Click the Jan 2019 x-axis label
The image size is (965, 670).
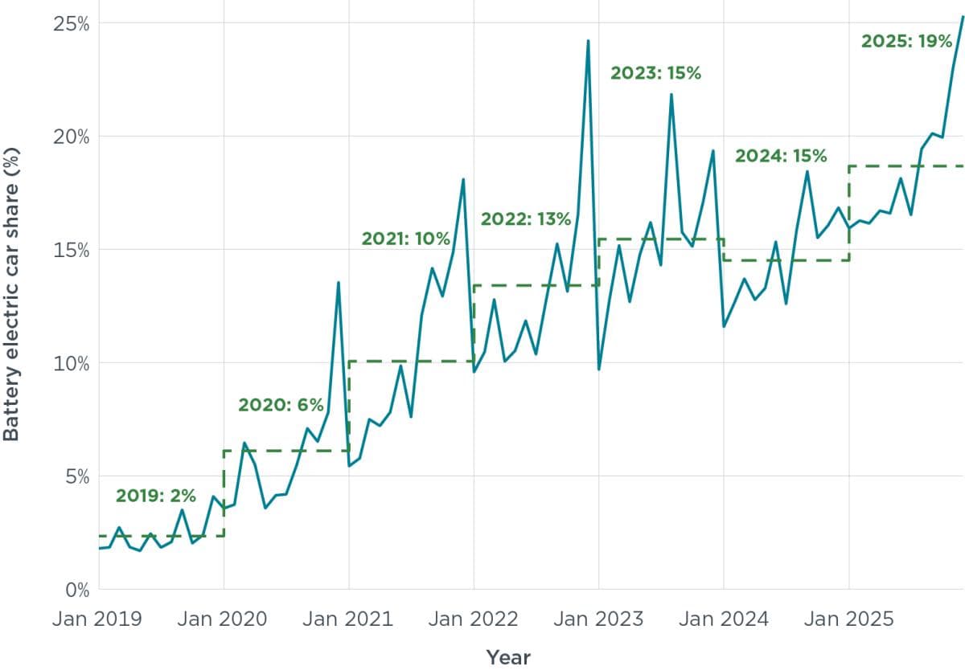(x=98, y=619)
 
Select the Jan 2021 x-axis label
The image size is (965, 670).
(x=348, y=619)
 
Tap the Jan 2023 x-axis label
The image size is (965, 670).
(x=598, y=619)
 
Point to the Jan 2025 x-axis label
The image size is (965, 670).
(x=848, y=619)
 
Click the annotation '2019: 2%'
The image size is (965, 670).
(x=155, y=496)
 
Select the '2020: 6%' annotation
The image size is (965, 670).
(x=280, y=405)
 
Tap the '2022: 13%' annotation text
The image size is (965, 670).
(x=526, y=219)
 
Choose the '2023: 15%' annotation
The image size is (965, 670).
(x=655, y=73)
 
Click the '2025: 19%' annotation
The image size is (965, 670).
(x=906, y=41)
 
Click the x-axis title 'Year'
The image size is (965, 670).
(x=508, y=657)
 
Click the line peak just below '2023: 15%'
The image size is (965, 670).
(x=671, y=95)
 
